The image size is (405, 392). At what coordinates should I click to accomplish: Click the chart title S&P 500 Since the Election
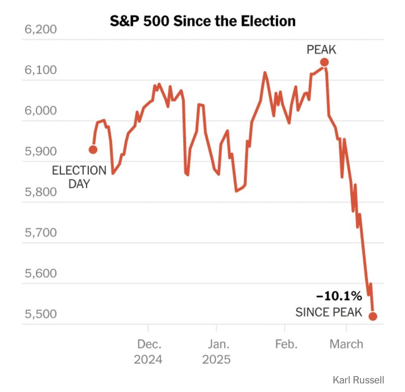202,21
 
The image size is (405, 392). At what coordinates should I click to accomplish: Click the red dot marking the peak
324,62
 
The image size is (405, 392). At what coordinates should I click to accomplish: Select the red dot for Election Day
93,150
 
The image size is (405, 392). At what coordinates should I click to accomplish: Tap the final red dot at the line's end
373,316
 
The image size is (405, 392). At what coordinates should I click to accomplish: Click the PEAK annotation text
321,50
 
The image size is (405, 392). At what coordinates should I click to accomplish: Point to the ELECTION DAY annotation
79,177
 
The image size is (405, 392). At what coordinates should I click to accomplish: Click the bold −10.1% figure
339,297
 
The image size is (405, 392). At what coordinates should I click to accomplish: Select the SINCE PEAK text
328,313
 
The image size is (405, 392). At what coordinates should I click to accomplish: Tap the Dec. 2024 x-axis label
148,352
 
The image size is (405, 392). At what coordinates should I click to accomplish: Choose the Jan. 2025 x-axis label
217,352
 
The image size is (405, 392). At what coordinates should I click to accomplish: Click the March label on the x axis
346,345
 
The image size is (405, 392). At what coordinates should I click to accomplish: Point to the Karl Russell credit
358,380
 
